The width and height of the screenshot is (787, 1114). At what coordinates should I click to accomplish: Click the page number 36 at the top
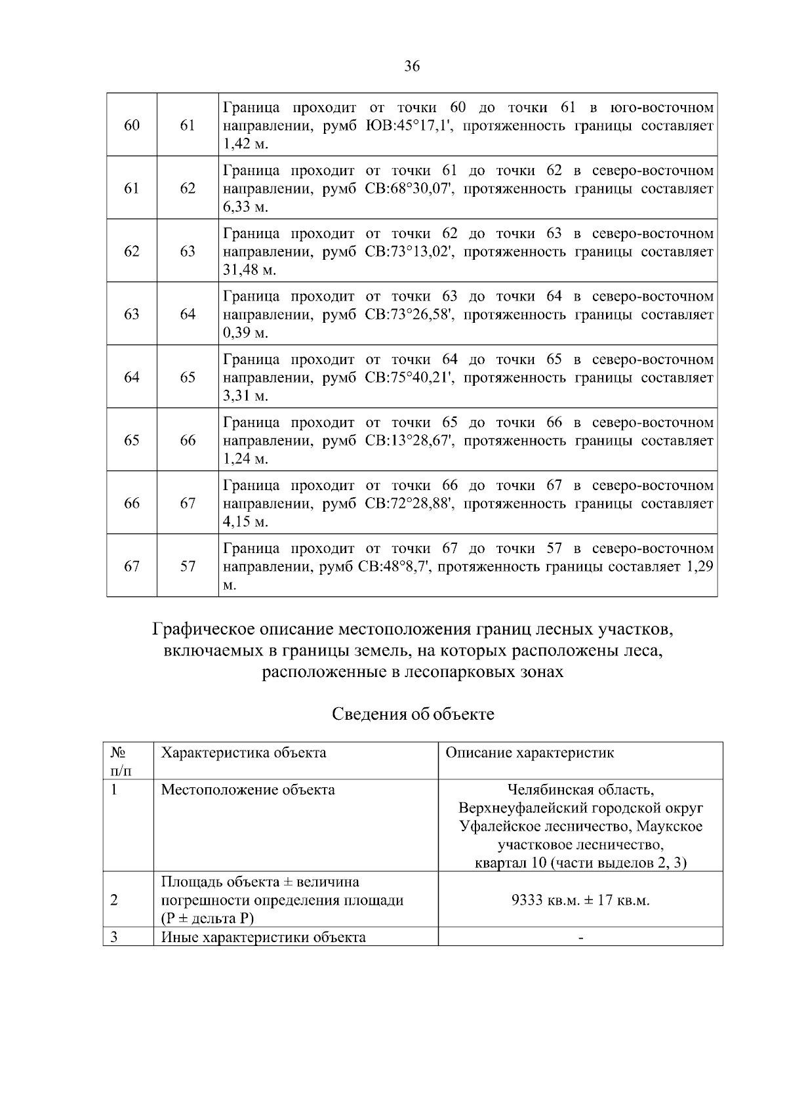tap(412, 66)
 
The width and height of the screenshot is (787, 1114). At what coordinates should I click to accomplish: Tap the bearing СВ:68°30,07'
tap(411, 189)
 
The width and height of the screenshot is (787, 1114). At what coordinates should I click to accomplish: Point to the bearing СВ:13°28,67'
tap(411, 441)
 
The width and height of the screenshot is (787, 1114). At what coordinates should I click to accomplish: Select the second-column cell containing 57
tap(188, 566)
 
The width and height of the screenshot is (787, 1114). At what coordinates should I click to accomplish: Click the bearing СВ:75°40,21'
tap(411, 378)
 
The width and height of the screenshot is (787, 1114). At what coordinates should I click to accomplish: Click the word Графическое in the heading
tap(204, 630)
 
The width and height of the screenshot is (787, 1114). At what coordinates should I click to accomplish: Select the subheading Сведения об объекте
tap(413, 714)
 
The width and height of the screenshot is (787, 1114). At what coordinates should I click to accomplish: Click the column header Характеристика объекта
tap(243, 753)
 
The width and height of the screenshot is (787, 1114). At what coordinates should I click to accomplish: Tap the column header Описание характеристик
tap(529, 753)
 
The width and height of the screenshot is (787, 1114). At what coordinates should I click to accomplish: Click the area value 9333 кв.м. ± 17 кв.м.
tap(580, 900)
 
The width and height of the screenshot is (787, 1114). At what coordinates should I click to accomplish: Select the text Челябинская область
tap(580, 789)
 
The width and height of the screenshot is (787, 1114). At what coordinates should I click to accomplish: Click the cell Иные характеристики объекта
tap(263, 937)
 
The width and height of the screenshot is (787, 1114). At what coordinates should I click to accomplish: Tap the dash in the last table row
tap(580, 938)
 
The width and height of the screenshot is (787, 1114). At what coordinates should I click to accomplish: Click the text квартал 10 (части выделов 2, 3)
tap(580, 863)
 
